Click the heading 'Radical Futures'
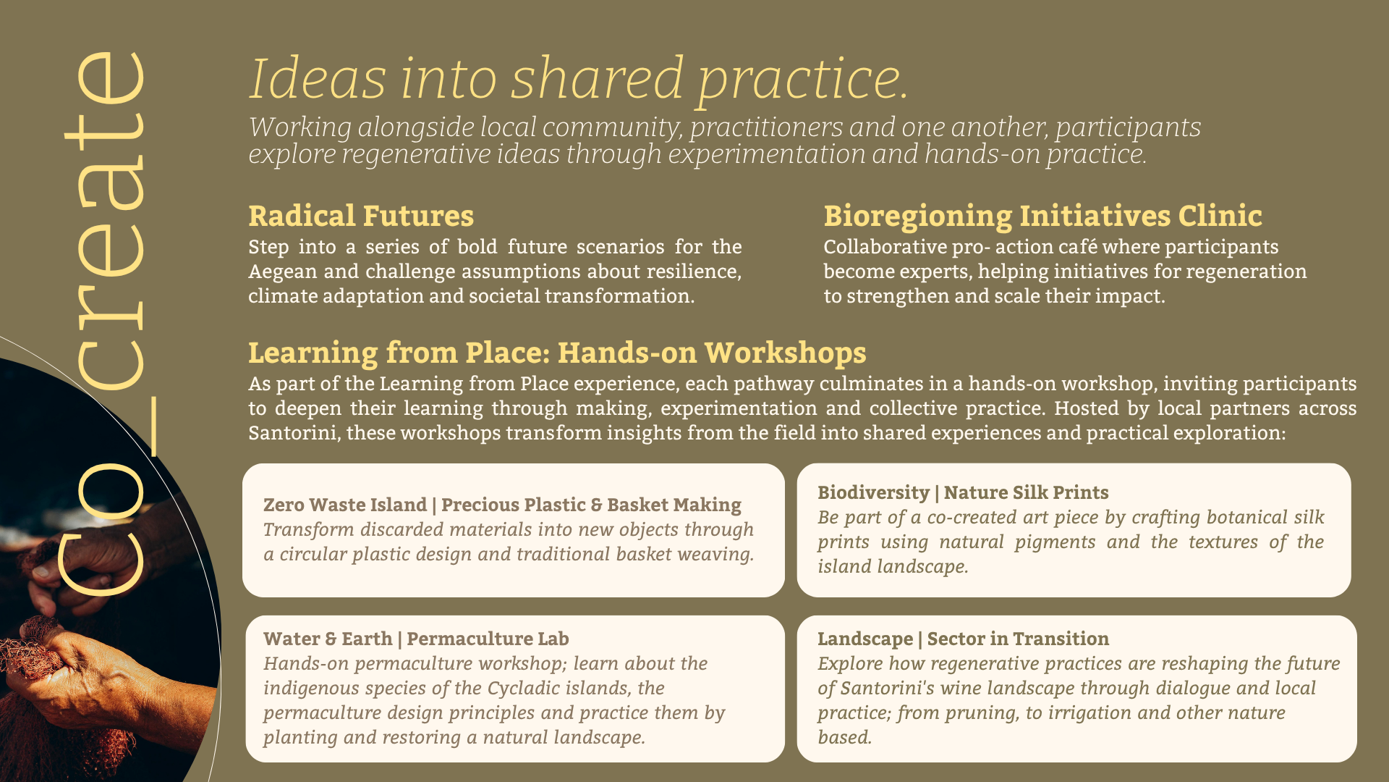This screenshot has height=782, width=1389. pyautogui.click(x=361, y=216)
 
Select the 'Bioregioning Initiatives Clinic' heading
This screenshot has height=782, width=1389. pyautogui.click(x=1042, y=216)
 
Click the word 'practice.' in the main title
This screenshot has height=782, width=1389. pyautogui.click(x=803, y=80)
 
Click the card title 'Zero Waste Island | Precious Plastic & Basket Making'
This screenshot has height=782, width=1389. pyautogui.click(x=502, y=505)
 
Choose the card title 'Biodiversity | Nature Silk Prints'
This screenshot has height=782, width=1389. pyautogui.click(x=963, y=492)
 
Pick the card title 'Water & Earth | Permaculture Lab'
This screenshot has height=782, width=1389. pyautogui.click(x=416, y=639)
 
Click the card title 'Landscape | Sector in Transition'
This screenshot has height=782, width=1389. pyautogui.click(x=963, y=639)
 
